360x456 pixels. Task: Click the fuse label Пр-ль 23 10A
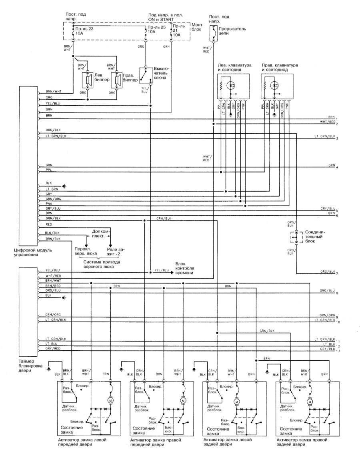83,32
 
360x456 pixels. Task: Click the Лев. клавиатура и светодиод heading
237,67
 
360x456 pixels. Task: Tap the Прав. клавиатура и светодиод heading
280,67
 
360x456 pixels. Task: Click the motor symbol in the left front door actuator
111,400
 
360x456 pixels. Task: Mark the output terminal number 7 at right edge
338,274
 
